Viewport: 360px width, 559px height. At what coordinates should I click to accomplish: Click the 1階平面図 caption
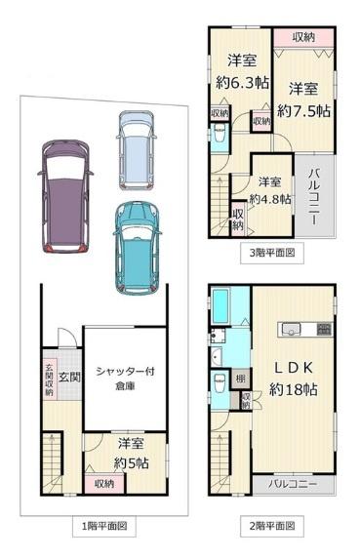click(x=103, y=526)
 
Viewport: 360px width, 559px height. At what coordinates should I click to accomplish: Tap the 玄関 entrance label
click(x=66, y=376)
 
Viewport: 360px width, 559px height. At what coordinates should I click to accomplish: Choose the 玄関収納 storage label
click(x=48, y=381)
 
